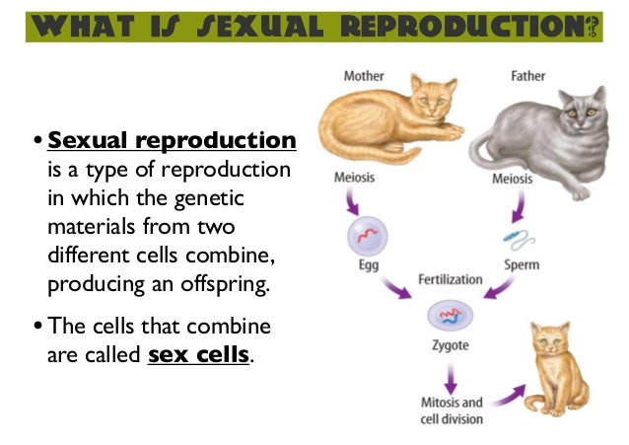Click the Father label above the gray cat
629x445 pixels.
pyautogui.click(x=527, y=76)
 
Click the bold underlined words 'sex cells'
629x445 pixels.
pyautogui.click(x=198, y=354)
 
